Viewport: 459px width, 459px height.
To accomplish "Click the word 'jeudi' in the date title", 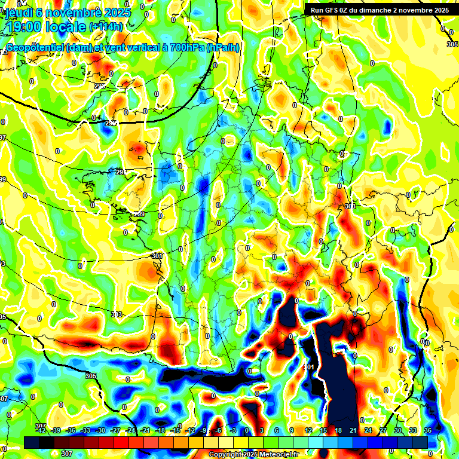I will pyautogui.click(x=17, y=11).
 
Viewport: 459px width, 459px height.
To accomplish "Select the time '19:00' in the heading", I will pyautogui.click(x=24, y=26).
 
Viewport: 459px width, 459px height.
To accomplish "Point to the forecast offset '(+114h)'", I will pyautogui.click(x=106, y=27).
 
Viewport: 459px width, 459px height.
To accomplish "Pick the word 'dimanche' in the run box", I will pyautogui.click(x=378, y=10).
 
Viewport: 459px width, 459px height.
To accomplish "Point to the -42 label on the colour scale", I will pyautogui.click(x=41, y=431).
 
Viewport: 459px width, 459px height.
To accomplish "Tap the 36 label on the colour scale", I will pyautogui.click(x=428, y=431).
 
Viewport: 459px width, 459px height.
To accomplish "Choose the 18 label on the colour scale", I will pyautogui.click(x=338, y=431).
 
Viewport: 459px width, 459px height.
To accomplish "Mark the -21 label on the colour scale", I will pyautogui.click(x=145, y=431).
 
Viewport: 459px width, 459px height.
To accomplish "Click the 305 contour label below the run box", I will pyautogui.click(x=452, y=44).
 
